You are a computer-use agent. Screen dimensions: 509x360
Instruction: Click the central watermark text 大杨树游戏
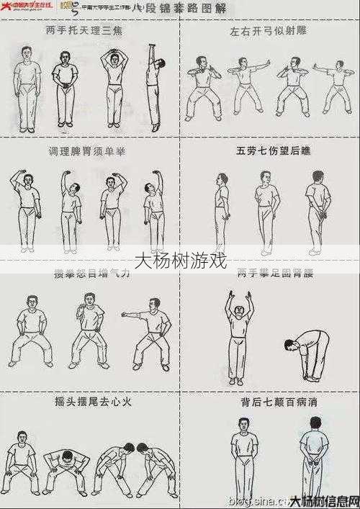[x=180, y=260]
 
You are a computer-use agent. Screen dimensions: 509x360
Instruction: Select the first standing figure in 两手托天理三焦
[x=27, y=86]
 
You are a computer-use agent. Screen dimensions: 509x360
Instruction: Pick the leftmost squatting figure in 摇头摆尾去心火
[x=20, y=461]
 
